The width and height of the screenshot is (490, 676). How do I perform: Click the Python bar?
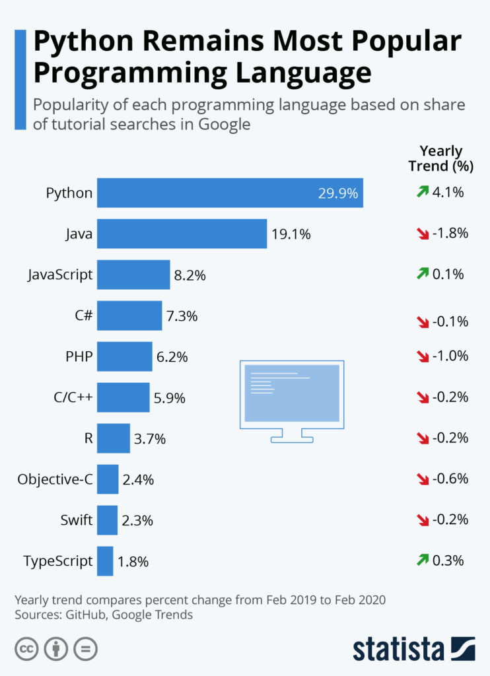tap(230, 193)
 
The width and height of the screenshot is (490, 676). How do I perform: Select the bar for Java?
tap(182, 234)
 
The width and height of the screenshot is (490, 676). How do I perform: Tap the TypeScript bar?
tap(105, 561)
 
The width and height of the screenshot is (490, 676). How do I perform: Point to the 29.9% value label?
tap(337, 193)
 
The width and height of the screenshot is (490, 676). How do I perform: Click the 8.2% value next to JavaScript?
tap(190, 275)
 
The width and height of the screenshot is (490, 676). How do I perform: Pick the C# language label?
tap(84, 316)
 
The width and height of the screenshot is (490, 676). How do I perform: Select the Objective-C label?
tap(55, 479)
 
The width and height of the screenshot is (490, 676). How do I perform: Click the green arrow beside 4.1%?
tap(423, 192)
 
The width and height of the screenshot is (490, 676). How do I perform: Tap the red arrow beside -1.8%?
tap(423, 234)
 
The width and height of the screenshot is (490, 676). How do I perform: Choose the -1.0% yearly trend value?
tap(450, 356)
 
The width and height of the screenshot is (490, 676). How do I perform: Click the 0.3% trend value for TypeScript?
tap(448, 560)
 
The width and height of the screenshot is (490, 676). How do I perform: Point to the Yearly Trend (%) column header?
tap(441, 158)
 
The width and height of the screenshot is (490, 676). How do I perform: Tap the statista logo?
tap(413, 648)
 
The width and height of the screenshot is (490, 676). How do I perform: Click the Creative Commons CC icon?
tap(26, 649)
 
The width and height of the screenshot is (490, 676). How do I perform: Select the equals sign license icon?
tap(85, 649)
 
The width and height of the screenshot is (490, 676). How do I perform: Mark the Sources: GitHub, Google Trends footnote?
tap(104, 615)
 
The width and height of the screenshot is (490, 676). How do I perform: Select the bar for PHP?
tap(124, 356)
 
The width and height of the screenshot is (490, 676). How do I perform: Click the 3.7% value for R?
tap(149, 439)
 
